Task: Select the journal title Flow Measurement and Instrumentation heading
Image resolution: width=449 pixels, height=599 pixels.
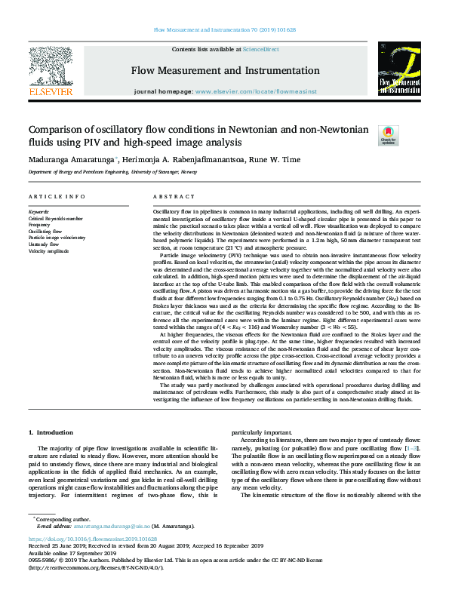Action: (x=224, y=72)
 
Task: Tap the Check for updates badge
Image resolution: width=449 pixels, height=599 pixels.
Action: (x=408, y=135)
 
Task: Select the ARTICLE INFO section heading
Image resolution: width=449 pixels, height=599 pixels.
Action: (x=56, y=196)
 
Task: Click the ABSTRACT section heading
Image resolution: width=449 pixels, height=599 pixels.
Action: (x=169, y=196)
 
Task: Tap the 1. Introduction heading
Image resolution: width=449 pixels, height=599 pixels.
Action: (x=51, y=432)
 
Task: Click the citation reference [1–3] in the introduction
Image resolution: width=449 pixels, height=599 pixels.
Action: (x=411, y=449)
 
